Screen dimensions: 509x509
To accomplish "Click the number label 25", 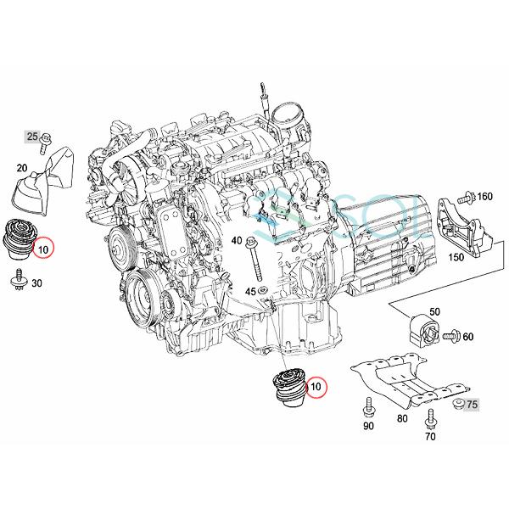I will (32, 136).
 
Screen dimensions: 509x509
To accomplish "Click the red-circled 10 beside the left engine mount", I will (42, 249).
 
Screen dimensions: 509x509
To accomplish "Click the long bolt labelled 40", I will (254, 259).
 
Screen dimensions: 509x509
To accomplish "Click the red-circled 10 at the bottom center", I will (316, 388).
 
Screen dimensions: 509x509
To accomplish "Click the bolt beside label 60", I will (452, 337).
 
